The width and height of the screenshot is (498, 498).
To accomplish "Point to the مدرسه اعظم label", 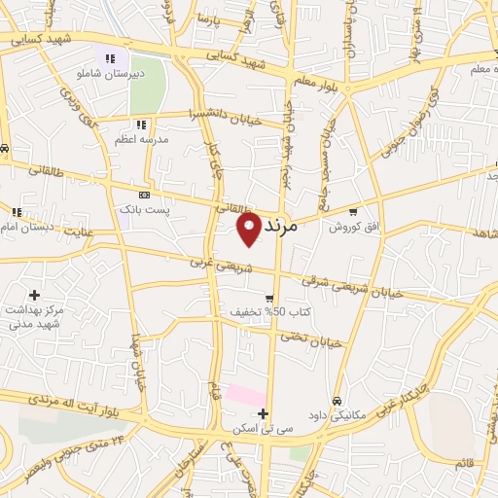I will click(142, 139).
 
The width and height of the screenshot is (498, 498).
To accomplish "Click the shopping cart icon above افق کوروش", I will click(352, 212).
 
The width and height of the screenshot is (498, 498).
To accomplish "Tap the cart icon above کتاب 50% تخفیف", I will click(269, 299).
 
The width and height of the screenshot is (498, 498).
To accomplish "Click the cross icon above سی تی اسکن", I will click(264, 413).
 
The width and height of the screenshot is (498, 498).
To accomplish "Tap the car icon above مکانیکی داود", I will click(337, 401).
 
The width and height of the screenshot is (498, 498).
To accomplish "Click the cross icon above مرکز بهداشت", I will click(34, 295).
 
